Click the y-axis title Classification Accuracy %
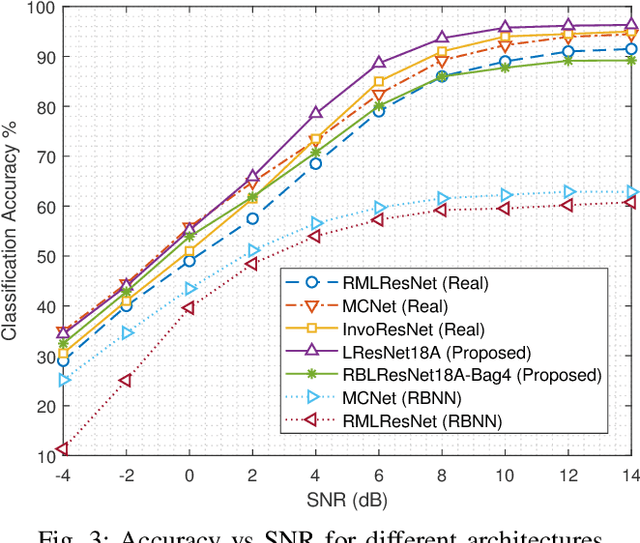[11, 231]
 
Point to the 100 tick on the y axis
[40, 7]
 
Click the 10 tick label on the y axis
[44, 456]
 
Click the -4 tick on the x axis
[63, 475]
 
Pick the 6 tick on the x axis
[378, 475]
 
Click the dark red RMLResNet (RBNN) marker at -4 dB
[63, 449]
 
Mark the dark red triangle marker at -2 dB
[126, 380]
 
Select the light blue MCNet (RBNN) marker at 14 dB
[631, 191]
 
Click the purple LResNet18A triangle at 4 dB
[315, 113]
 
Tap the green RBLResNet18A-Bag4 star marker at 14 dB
[631, 60]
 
